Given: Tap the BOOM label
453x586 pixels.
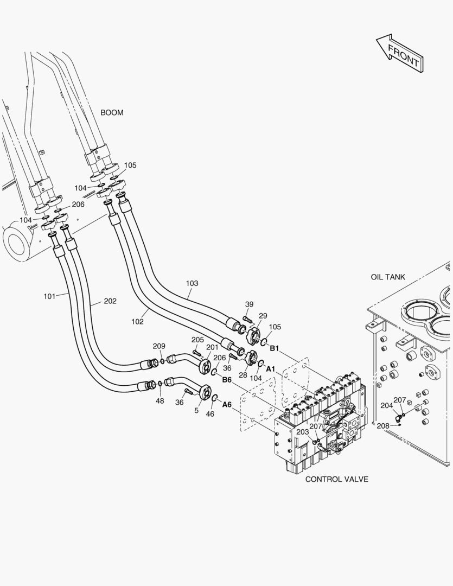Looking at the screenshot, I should (x=112, y=113).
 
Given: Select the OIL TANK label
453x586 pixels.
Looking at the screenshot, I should (x=388, y=277).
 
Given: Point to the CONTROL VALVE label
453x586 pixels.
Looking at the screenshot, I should (x=336, y=479).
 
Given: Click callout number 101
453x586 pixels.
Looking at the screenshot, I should (x=50, y=296).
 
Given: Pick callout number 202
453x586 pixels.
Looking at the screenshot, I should (x=110, y=301).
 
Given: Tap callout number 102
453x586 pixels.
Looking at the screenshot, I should (x=137, y=321).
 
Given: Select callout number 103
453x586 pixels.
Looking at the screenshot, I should (x=192, y=283).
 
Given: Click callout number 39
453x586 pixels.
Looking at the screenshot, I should (x=249, y=304).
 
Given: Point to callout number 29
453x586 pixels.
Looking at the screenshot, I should (x=263, y=316).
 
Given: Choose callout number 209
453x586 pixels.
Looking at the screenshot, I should (x=158, y=346).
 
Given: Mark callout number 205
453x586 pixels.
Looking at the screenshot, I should (x=197, y=340).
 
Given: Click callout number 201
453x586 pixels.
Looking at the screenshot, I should (x=212, y=347).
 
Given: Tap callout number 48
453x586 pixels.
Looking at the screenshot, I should (x=160, y=401).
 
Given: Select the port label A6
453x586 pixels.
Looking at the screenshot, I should (x=227, y=405).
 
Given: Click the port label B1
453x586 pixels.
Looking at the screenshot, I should (x=274, y=348).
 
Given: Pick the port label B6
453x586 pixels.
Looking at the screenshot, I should (x=226, y=380).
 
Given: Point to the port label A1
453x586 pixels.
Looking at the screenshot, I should (x=270, y=369).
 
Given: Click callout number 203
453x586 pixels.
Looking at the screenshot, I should (x=302, y=432).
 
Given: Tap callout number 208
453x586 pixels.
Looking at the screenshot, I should (x=383, y=426).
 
